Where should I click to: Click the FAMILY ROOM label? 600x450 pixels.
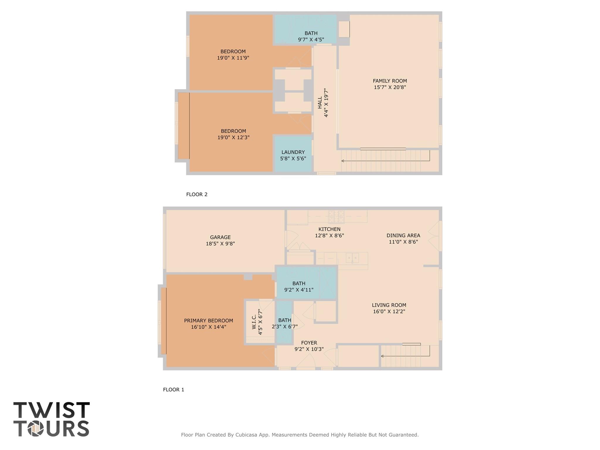pyautogui.click(x=390, y=81)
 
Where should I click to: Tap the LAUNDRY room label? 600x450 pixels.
pyautogui.click(x=293, y=152)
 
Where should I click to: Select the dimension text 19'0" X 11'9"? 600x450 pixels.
pyautogui.click(x=233, y=58)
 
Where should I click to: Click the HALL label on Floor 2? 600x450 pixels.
pyautogui.click(x=320, y=103)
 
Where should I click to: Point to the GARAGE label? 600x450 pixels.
pyautogui.click(x=220, y=237)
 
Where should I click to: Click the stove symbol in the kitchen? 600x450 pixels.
pyautogui.click(x=336, y=217)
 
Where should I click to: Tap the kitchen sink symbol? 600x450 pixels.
pyautogui.click(x=352, y=258)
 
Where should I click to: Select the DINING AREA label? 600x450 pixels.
pyautogui.click(x=403, y=235)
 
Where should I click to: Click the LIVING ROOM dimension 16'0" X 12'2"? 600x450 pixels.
pyautogui.click(x=389, y=312)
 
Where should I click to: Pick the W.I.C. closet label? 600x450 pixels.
pyautogui.click(x=254, y=322)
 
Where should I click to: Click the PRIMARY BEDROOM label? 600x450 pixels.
pyautogui.click(x=208, y=321)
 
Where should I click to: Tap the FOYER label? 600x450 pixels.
pyautogui.click(x=309, y=343)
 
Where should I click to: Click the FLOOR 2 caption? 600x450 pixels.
pyautogui.click(x=197, y=194)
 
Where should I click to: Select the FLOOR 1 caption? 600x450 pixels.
pyautogui.click(x=174, y=390)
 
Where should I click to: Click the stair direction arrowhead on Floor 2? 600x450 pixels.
pyautogui.click(x=343, y=161)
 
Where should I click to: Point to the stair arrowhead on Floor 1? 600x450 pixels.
pyautogui.click(x=382, y=356)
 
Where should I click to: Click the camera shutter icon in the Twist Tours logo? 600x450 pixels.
pyautogui.click(x=36, y=429)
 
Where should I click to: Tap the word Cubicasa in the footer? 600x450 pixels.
pyautogui.click(x=246, y=435)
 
